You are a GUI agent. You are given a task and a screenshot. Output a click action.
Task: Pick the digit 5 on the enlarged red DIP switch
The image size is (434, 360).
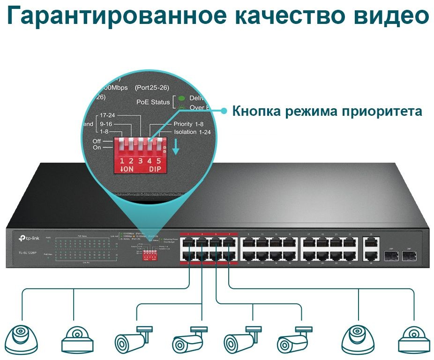click(x=159, y=161)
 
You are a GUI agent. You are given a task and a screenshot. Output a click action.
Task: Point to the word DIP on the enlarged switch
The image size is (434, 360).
click(x=156, y=170)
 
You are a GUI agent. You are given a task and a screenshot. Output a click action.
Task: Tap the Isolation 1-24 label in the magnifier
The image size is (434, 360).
click(x=192, y=132)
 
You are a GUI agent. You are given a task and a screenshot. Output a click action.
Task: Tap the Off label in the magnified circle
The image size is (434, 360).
click(x=97, y=141)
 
